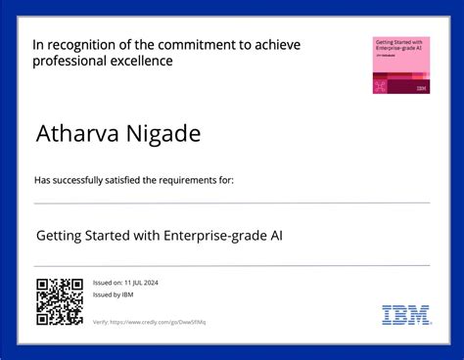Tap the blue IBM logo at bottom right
[x=405, y=314]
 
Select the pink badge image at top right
[x=401, y=66]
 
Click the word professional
[x=68, y=61]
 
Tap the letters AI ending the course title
[x=277, y=236]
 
